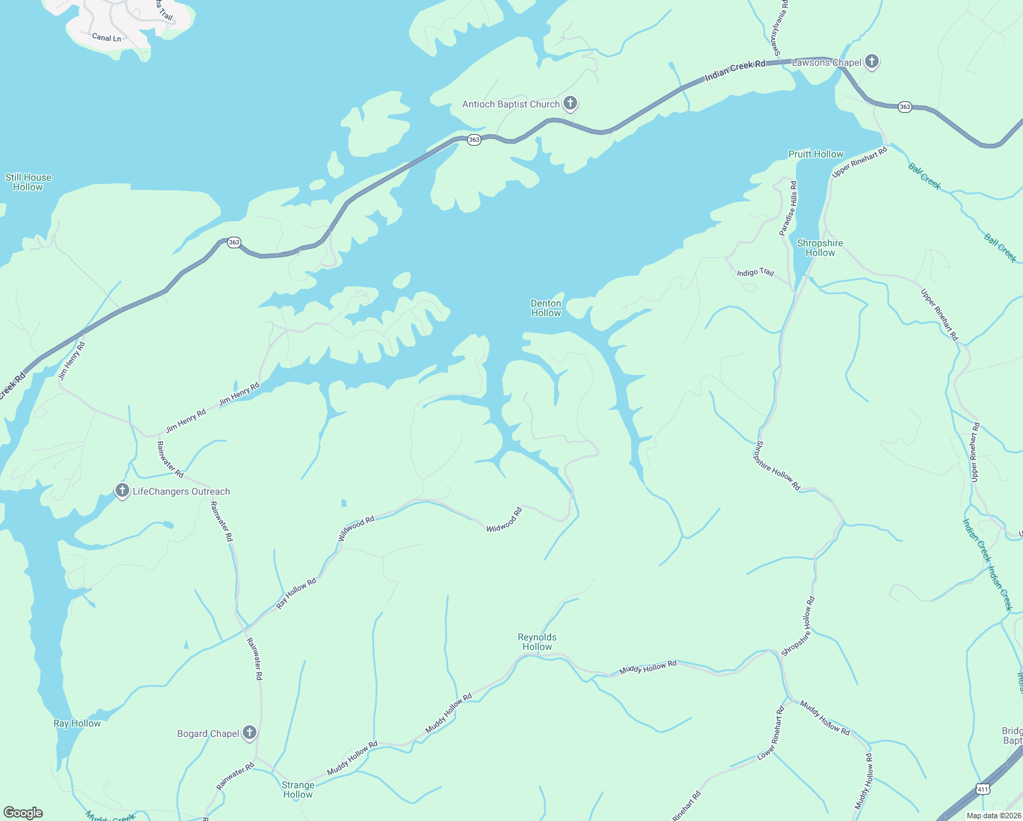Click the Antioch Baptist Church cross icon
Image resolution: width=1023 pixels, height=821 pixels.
pyautogui.click(x=570, y=104)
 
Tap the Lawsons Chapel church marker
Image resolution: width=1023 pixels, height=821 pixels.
pyautogui.click(x=871, y=62)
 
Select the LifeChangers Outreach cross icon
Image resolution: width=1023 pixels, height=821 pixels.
pyautogui.click(x=122, y=491)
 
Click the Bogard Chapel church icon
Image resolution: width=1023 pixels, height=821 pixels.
pyautogui.click(x=250, y=733)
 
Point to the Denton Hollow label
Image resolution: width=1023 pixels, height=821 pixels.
pyautogui.click(x=546, y=308)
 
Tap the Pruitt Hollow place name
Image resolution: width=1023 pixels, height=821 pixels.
pyautogui.click(x=816, y=154)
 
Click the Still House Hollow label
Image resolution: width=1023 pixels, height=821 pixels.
pyautogui.click(x=28, y=182)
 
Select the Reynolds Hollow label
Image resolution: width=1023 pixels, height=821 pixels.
pyautogui.click(x=537, y=642)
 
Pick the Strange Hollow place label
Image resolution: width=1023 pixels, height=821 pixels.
pyautogui.click(x=298, y=790)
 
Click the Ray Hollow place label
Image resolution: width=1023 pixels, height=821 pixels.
pyautogui.click(x=77, y=723)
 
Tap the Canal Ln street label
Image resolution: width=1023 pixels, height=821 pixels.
pyautogui.click(x=106, y=38)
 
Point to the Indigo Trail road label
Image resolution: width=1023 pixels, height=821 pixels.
pyautogui.click(x=755, y=272)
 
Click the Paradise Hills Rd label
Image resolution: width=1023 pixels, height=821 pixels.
pyautogui.click(x=788, y=209)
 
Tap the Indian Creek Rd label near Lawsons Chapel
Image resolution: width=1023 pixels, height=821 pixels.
pyautogui.click(x=734, y=69)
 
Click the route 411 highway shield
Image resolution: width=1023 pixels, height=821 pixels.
pyautogui.click(x=983, y=790)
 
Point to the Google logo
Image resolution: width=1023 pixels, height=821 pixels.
pyautogui.click(x=23, y=813)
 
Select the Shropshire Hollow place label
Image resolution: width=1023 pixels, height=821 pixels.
pyautogui.click(x=820, y=248)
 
